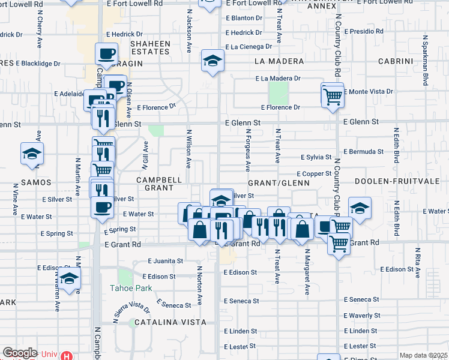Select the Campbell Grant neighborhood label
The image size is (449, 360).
(x=158, y=184)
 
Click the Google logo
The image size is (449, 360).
(x=20, y=353)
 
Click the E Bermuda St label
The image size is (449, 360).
(x=364, y=152)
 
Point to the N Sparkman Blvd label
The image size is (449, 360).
(x=425, y=59)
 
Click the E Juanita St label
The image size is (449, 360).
(x=166, y=261)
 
